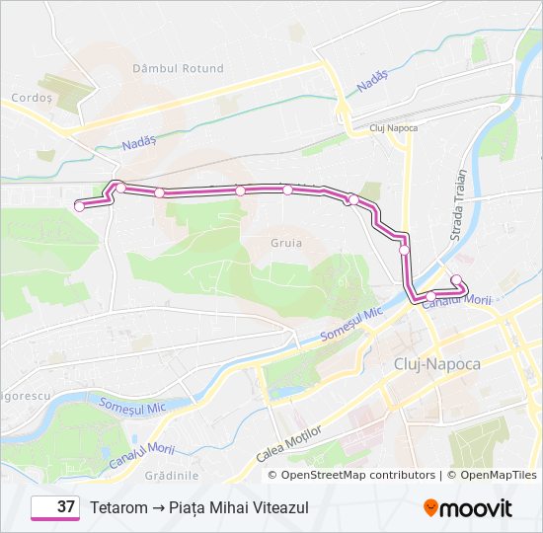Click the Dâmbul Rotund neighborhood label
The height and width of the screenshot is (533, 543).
[x=178, y=69]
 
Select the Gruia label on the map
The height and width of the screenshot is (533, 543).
[x=285, y=242]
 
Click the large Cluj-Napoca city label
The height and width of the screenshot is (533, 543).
[x=436, y=364]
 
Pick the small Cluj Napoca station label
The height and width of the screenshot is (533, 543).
[x=393, y=128]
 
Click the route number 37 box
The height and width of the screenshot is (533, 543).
[x=55, y=507]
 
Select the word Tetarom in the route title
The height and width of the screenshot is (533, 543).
[x=118, y=507]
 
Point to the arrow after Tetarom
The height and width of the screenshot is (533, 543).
[x=158, y=507]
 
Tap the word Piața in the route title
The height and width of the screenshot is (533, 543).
[x=189, y=507]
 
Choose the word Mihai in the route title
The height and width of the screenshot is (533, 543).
[x=230, y=507]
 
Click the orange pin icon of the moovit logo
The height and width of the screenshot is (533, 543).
[x=431, y=508]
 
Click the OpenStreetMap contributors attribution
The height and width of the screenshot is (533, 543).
[x=357, y=475]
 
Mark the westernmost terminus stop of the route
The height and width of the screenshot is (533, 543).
[x=79, y=206]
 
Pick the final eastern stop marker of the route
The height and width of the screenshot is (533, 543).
[x=456, y=279]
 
